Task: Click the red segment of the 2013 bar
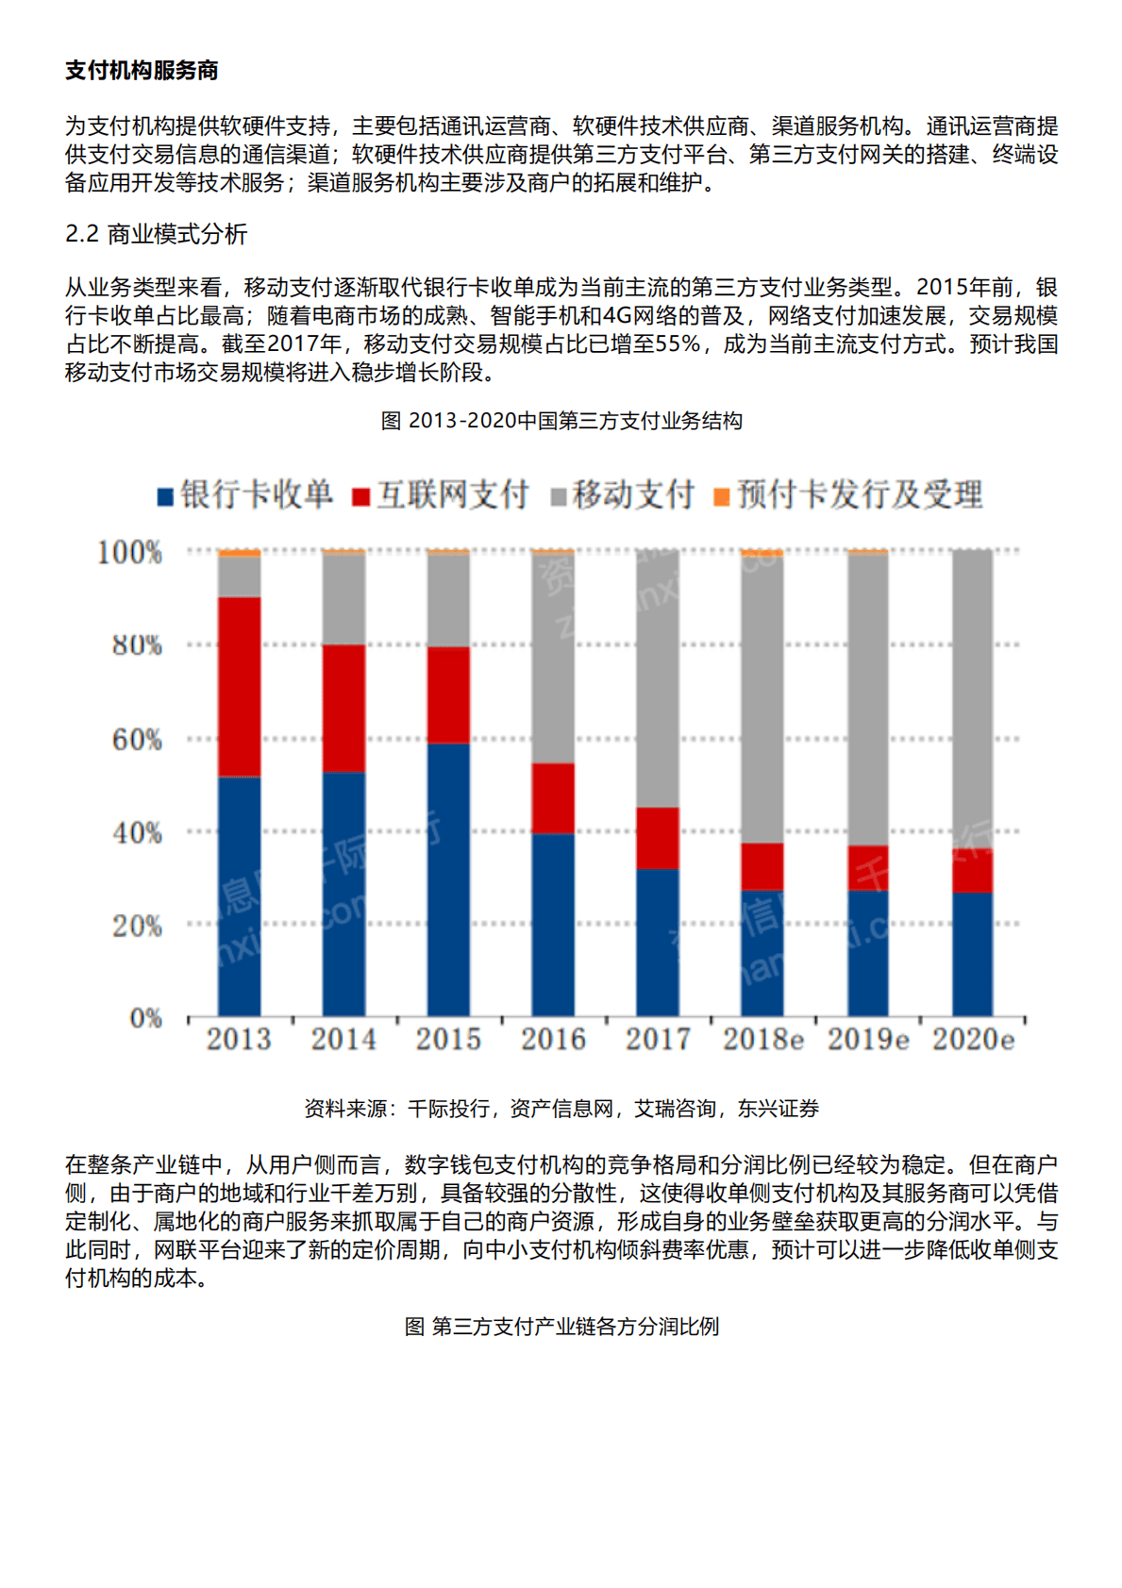click(x=239, y=687)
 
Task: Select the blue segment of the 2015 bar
click(x=448, y=879)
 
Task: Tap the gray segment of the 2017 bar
click(x=658, y=677)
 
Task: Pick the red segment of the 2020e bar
click(x=972, y=871)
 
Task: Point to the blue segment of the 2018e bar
click(x=762, y=953)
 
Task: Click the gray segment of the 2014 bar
click(x=343, y=599)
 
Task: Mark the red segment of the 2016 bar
click(x=553, y=797)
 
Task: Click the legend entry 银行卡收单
click(x=245, y=494)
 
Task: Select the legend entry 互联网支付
click(x=442, y=494)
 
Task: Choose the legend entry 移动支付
click(x=623, y=494)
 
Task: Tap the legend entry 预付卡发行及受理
click(x=849, y=494)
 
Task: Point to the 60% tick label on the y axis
click(x=137, y=740)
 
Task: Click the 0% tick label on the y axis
click(x=145, y=1018)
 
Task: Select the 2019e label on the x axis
click(x=868, y=1040)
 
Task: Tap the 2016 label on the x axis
click(x=553, y=1040)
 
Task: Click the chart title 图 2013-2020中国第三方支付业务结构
click(x=561, y=421)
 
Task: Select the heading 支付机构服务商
click(x=142, y=71)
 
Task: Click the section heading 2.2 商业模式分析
click(x=157, y=234)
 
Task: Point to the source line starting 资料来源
click(x=561, y=1109)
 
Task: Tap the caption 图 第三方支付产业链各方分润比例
click(x=561, y=1327)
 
